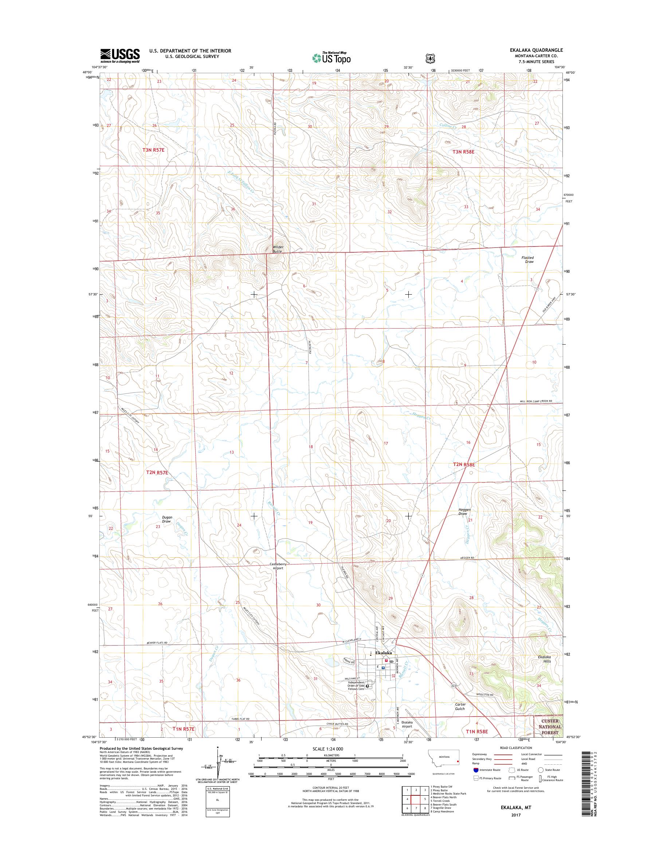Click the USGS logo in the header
120,56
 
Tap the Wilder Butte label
278,249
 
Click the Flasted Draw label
528,260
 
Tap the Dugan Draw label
167,519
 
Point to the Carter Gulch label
460,706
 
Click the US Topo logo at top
332,58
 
